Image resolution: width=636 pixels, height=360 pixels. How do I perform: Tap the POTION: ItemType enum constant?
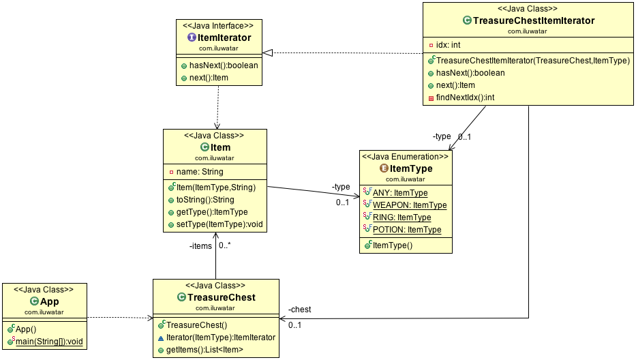tap(406, 230)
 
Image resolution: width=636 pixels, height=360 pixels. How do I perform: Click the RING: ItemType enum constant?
tap(402, 217)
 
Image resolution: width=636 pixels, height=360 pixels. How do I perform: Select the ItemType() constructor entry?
tap(392, 245)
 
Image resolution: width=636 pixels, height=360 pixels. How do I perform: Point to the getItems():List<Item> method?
tap(205, 350)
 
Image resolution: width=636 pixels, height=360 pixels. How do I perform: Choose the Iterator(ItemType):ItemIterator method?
tap(220, 337)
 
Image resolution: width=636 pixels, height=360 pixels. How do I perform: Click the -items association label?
tap(200, 246)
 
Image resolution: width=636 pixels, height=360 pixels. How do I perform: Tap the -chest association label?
tap(299, 309)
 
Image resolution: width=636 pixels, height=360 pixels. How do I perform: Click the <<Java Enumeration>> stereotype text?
tap(405, 157)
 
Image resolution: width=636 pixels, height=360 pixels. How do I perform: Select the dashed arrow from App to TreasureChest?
tap(119, 318)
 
